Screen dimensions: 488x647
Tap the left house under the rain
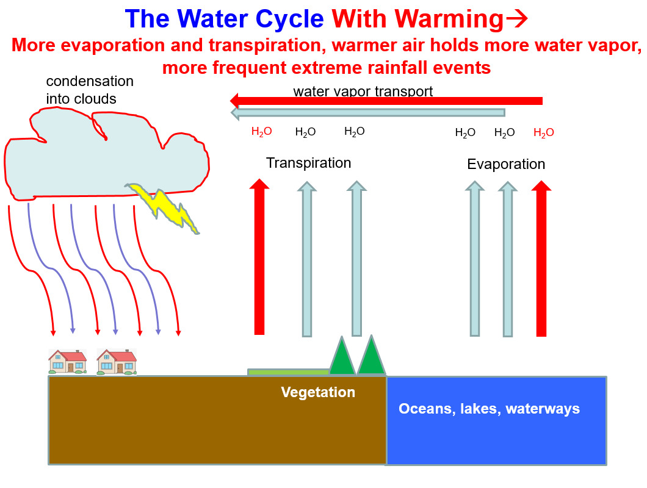click(67, 361)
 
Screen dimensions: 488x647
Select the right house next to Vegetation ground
click(116, 361)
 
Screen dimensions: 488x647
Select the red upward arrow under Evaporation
click(541, 259)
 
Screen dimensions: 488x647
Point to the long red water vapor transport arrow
click(391, 101)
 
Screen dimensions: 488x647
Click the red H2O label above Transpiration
click(261, 132)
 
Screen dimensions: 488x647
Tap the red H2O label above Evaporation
click(543, 133)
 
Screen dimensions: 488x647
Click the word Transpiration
click(308, 163)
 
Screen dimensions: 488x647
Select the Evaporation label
click(506, 165)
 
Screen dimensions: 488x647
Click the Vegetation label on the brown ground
click(318, 392)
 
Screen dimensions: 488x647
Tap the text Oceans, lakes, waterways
click(489, 409)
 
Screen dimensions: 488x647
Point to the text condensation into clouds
click(89, 90)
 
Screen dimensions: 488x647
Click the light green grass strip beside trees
click(288, 371)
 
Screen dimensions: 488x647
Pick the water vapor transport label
click(363, 91)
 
